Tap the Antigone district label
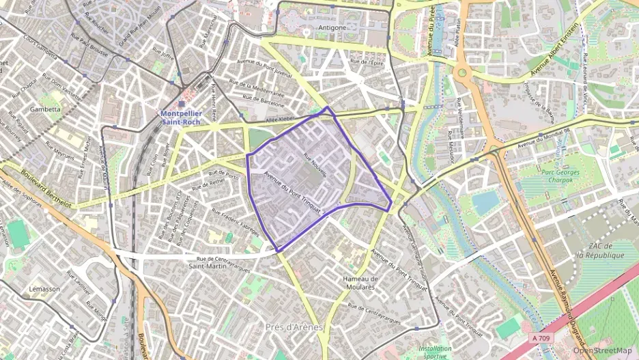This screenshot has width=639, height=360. [x=332, y=28]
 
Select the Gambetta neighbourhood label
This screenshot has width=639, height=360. [x=46, y=109]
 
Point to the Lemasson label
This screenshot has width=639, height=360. [x=44, y=289]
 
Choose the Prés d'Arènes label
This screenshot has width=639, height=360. [x=294, y=327]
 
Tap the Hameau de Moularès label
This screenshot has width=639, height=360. [x=360, y=283]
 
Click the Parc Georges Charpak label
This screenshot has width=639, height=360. [x=560, y=177]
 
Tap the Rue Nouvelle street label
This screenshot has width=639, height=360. [x=315, y=165]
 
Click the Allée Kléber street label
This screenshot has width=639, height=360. [x=279, y=118]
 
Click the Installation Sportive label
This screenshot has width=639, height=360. [x=435, y=352]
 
